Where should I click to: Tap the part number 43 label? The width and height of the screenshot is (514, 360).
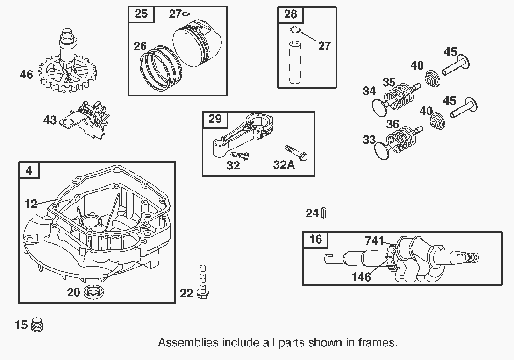click(50, 120)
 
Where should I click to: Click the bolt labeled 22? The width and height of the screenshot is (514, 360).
click(203, 282)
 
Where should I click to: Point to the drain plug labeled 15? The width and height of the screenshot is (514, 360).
click(37, 325)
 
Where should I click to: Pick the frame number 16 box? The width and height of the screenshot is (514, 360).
click(315, 240)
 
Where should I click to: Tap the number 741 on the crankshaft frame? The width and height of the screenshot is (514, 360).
click(374, 241)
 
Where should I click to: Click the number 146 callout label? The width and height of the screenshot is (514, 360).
click(361, 277)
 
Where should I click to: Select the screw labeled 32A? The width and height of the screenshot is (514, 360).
click(296, 153)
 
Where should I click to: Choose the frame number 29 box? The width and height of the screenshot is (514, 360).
click(215, 119)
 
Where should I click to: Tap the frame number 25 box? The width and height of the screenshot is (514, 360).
click(141, 14)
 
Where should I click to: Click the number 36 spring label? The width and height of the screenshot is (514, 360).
click(393, 124)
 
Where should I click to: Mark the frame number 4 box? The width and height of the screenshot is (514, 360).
click(29, 170)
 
